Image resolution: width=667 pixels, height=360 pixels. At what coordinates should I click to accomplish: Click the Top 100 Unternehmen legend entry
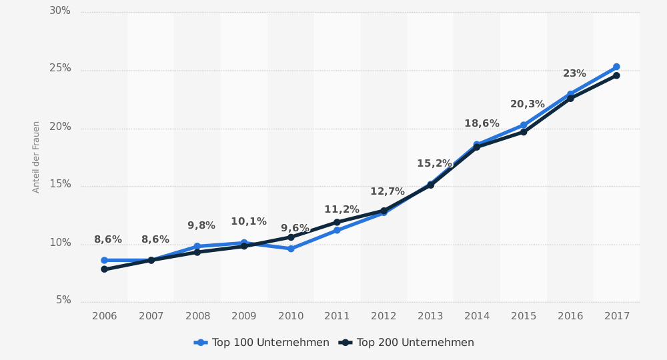click(x=261, y=343)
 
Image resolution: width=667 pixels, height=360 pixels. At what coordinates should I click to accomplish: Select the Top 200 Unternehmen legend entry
click(x=406, y=343)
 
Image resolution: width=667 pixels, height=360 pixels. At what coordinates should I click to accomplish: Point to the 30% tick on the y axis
click(x=60, y=11)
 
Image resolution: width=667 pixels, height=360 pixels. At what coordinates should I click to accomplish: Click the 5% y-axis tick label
click(x=63, y=301)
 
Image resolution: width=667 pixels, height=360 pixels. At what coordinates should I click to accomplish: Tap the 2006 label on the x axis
click(x=104, y=316)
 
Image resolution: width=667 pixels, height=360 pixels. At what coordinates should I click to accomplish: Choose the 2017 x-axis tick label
click(x=617, y=316)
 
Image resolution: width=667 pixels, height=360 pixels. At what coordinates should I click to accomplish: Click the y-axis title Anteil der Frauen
click(x=37, y=157)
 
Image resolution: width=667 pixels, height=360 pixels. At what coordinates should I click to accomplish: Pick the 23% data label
click(x=574, y=74)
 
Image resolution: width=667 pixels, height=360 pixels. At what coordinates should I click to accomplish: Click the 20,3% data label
click(x=528, y=105)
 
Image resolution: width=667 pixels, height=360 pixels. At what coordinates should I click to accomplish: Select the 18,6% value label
click(x=482, y=124)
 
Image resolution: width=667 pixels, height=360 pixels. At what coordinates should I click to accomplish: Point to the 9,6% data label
click(x=295, y=229)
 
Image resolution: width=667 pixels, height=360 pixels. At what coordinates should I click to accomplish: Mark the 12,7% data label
click(x=388, y=192)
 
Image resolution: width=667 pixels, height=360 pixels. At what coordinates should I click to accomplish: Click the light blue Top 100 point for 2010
click(x=291, y=249)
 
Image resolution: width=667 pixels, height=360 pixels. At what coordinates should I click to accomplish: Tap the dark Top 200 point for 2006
click(x=104, y=269)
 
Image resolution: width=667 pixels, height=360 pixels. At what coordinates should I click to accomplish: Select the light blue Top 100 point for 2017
click(x=616, y=67)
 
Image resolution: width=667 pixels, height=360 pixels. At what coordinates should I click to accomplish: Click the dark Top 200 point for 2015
click(x=524, y=132)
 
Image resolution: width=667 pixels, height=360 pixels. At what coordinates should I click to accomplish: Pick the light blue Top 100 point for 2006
click(x=104, y=260)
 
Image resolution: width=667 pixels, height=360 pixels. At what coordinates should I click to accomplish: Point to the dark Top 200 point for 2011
click(x=337, y=222)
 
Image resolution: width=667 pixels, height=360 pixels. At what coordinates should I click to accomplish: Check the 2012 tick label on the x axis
click(x=384, y=316)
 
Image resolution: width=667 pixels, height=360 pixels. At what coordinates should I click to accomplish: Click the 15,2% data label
click(x=434, y=164)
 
